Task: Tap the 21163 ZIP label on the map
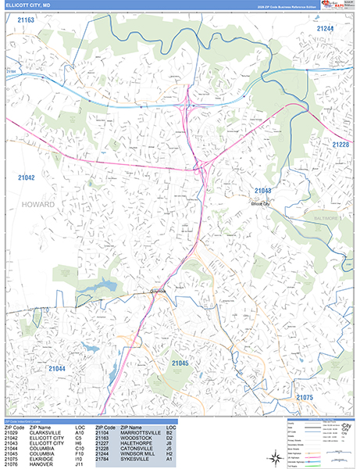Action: [x=26, y=20]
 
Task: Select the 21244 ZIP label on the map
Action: [x=325, y=29]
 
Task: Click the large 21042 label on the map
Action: [x=26, y=178]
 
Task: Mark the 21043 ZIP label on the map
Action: [x=262, y=191]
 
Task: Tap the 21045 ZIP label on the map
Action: [x=180, y=363]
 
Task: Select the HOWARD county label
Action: [x=38, y=204]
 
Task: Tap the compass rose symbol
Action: [x=278, y=458]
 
